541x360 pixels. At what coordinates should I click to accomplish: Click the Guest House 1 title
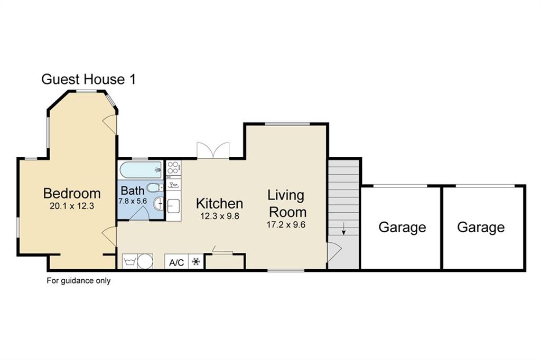click(88, 80)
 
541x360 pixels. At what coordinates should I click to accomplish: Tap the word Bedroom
click(72, 193)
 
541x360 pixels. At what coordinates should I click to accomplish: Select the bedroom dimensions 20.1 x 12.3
click(72, 206)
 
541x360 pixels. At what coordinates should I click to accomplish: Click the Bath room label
click(131, 190)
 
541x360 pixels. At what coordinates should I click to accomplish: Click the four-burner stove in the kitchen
click(173, 168)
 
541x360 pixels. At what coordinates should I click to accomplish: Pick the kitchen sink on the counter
click(174, 206)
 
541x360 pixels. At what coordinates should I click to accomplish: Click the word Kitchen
click(219, 203)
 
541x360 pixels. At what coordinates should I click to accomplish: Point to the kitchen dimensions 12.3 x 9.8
click(219, 215)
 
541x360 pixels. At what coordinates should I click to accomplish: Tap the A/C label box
click(176, 262)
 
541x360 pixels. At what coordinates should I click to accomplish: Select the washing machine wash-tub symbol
click(129, 261)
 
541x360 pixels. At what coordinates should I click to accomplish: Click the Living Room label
click(287, 204)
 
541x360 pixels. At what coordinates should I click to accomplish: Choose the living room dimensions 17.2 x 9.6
click(287, 224)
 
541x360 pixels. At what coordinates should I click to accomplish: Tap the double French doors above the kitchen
click(213, 150)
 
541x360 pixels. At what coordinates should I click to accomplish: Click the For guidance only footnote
click(79, 281)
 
